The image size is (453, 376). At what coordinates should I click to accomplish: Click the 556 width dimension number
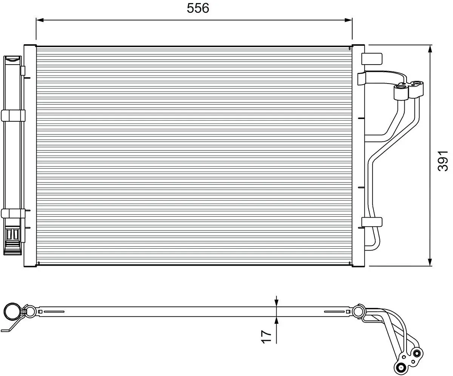[x=198, y=8]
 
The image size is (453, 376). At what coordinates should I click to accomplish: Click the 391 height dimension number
[x=443, y=160]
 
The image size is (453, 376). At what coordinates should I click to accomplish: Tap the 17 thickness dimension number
[x=266, y=336]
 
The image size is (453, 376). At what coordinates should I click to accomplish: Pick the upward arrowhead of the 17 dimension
[x=277, y=320]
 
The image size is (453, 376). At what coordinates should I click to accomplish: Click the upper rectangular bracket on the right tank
[x=372, y=59]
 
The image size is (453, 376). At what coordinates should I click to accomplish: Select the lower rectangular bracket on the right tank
[x=372, y=222]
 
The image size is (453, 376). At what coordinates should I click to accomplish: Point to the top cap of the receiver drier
[x=13, y=59]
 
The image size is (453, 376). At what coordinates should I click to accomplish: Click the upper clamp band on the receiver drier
[x=13, y=115]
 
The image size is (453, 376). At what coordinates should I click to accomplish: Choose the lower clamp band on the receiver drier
[x=13, y=213]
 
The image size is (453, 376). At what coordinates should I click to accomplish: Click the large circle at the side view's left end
[x=12, y=312]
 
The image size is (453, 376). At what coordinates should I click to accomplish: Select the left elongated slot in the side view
[x=54, y=312]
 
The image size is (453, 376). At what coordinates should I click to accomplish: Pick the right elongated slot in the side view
[x=334, y=312]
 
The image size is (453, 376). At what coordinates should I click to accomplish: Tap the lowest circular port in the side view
[x=401, y=366]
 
